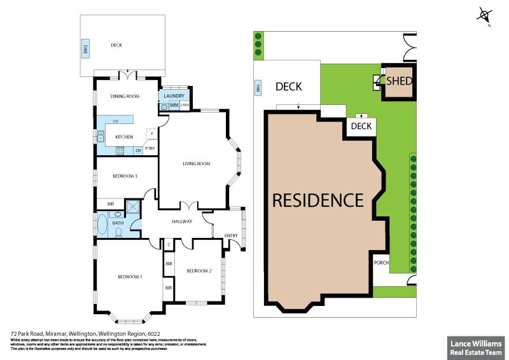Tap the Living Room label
(196, 164)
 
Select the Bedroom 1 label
(130, 277)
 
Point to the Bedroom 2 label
(199, 271)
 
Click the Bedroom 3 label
(125, 176)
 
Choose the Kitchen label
(123, 137)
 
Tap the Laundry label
(174, 96)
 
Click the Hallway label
(182, 221)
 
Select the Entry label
(231, 237)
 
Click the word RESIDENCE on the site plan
(317, 200)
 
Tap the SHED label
(400, 81)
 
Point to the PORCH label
(381, 262)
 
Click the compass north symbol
(485, 15)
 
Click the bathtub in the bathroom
(103, 226)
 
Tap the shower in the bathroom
(134, 209)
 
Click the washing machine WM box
(173, 106)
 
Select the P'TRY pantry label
(150, 149)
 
